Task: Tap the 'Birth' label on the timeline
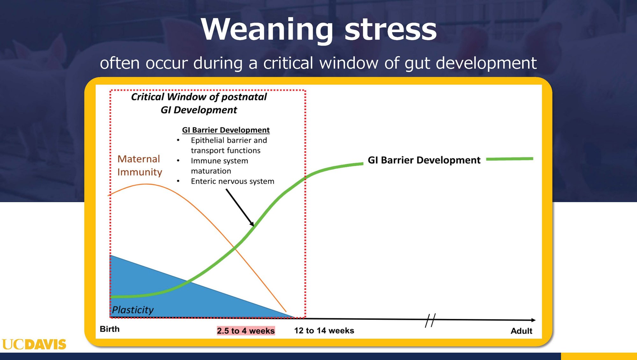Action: tap(110, 329)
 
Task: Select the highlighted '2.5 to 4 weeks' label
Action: tap(246, 331)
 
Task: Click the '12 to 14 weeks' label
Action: tap(324, 331)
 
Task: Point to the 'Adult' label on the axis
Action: tap(521, 331)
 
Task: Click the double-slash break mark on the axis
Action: tap(430, 320)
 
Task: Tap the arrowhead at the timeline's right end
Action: tap(534, 320)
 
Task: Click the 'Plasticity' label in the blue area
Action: tap(132, 310)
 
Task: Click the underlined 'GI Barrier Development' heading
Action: tap(226, 130)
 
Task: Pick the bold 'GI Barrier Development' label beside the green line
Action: tap(424, 160)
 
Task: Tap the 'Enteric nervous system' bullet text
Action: tap(233, 181)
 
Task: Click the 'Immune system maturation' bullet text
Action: tap(219, 166)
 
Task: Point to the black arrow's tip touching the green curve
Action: tap(254, 226)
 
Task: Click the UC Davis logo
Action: tap(34, 344)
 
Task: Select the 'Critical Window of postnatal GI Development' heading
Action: tap(199, 103)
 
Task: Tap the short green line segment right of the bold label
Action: tap(510, 159)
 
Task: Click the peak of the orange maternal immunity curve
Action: tap(146, 184)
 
